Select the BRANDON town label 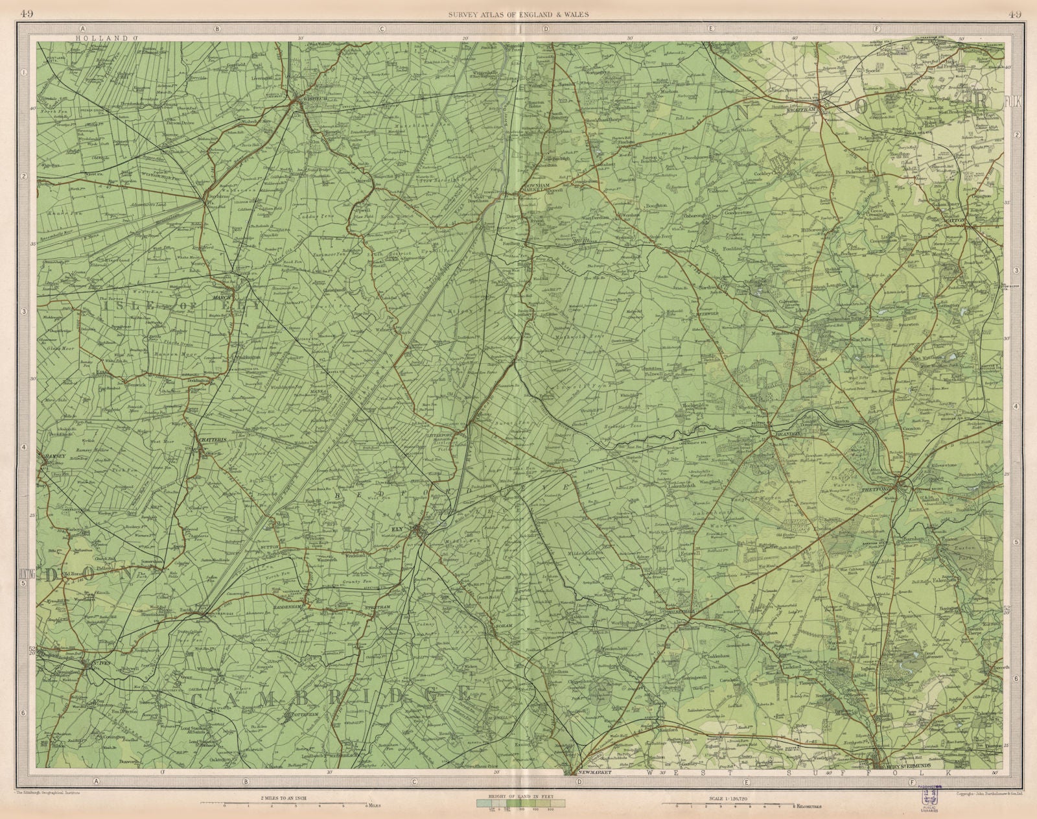pos(784,434)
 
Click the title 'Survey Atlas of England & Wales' pos(518,16)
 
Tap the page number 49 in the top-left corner pos(28,15)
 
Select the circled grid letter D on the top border pos(546,28)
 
